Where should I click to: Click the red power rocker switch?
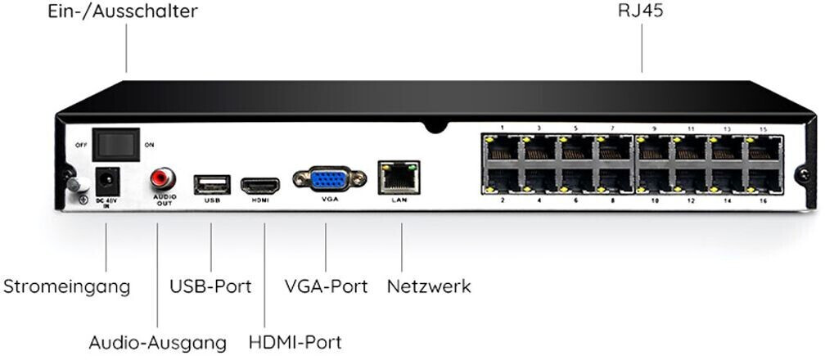click(x=115, y=145)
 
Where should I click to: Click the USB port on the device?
click(x=211, y=184)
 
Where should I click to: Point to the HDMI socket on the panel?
click(x=261, y=184)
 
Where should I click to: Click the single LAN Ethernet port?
click(x=399, y=178)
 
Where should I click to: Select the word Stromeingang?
click(x=67, y=287)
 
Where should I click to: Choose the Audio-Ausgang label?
click(x=157, y=341)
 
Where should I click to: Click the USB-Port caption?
click(x=210, y=287)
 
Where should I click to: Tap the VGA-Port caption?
click(x=327, y=287)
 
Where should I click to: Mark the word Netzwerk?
click(x=429, y=287)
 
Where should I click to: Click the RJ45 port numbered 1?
click(x=502, y=148)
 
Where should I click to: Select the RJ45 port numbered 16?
click(x=764, y=181)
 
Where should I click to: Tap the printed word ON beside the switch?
click(x=150, y=145)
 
